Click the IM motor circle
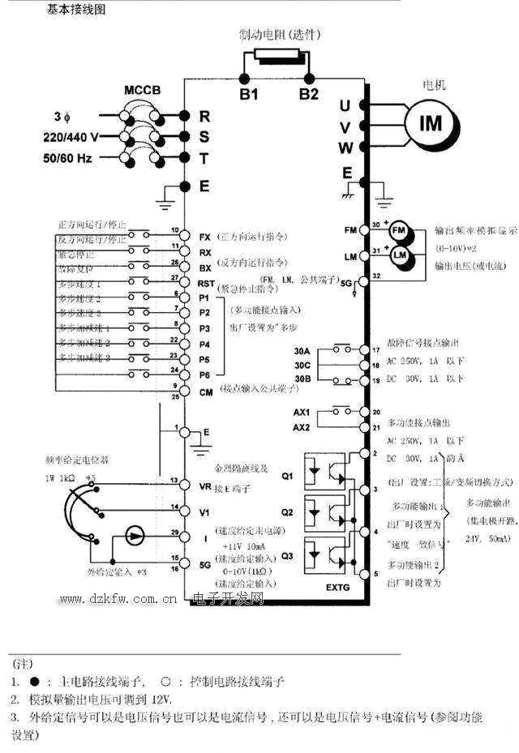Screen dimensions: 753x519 click(431, 123)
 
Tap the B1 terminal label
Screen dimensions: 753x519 click(248, 94)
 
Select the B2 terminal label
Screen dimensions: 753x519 click(309, 94)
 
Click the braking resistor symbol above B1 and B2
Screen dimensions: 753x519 click(277, 58)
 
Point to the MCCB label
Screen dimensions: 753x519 click(143, 89)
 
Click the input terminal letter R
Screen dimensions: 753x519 click(204, 116)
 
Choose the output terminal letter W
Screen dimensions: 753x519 click(345, 148)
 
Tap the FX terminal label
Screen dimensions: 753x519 click(204, 237)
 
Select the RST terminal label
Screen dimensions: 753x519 click(206, 283)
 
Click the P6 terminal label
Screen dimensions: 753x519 click(204, 375)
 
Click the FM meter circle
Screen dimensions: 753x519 click(398, 230)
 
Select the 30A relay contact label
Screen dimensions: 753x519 click(302, 351)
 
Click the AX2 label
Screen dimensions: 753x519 click(301, 427)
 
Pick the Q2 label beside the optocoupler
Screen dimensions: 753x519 click(287, 512)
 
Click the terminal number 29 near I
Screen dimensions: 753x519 click(174, 533)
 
